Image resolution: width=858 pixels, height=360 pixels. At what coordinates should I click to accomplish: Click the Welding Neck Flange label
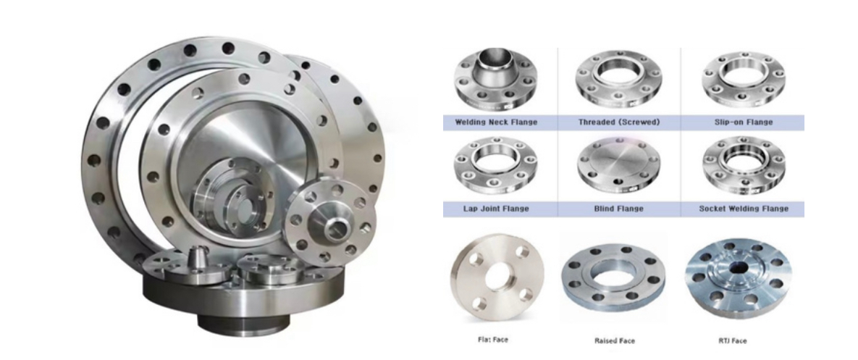496,122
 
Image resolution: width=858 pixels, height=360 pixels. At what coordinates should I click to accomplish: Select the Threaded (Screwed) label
619,122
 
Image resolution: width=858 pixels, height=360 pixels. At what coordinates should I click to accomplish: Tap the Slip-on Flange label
744,122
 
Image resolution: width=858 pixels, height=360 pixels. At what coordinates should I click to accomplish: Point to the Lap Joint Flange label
496,209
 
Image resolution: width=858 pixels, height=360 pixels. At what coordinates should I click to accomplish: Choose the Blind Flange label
619,209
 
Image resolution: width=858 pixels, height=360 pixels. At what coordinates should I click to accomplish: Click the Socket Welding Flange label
744,209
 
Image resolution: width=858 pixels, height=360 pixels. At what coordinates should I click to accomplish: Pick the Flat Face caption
493,340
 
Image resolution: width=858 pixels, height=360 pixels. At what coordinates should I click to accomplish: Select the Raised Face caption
615,341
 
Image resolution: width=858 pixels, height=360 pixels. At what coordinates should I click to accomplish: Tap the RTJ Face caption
732,341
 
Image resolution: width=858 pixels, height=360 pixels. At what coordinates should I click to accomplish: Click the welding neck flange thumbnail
496,80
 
